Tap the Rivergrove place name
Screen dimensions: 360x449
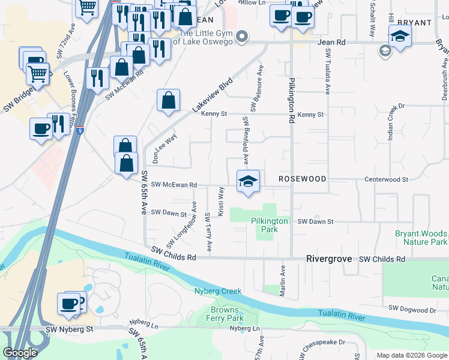pyautogui.click(x=330, y=259)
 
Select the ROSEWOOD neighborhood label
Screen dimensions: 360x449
pyautogui.click(x=302, y=179)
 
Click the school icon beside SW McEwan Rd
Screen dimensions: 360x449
pyautogui.click(x=247, y=181)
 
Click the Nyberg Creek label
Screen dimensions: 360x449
pyautogui.click(x=218, y=291)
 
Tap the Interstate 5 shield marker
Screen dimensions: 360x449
pyautogui.click(x=80, y=130)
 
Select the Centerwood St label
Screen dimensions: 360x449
pyautogui.click(x=387, y=179)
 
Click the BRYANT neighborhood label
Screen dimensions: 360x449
pyautogui.click(x=414, y=23)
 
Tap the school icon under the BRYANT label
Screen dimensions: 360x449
pyautogui.click(x=400, y=36)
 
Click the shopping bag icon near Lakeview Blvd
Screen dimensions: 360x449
pyautogui.click(x=169, y=100)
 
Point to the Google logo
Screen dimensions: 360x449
pyautogui.click(x=20, y=353)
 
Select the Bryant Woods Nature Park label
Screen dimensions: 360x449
pyautogui.click(x=421, y=238)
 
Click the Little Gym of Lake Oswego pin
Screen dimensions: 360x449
pyautogui.click(x=241, y=37)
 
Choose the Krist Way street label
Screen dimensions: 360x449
pyautogui.click(x=221, y=202)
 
